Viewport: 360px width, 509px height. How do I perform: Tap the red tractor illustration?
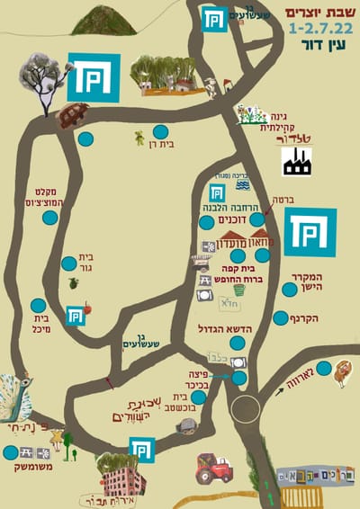(x=215, y=468)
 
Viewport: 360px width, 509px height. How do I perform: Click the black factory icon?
(x=296, y=162)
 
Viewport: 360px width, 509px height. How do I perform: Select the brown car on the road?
(x=72, y=114)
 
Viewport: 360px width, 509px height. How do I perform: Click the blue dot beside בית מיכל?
(x=38, y=306)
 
